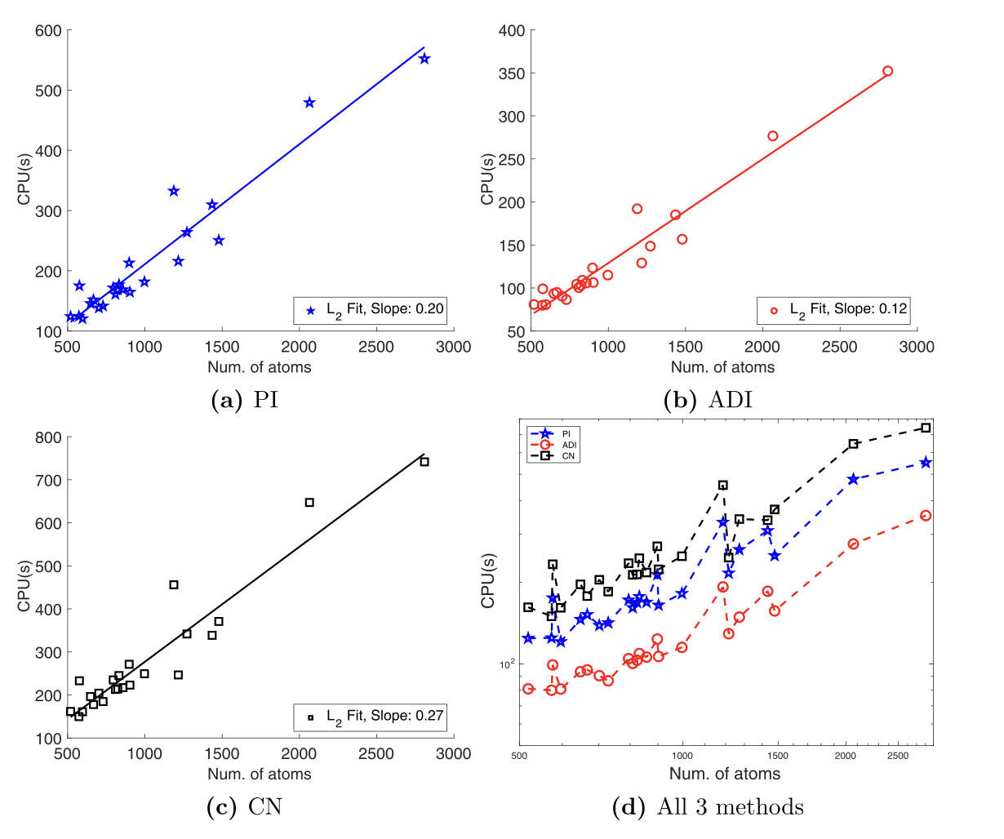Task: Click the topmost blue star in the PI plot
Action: click(424, 59)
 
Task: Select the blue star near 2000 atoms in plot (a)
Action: click(309, 103)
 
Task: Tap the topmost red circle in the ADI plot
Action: click(887, 71)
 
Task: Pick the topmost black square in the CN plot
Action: click(424, 462)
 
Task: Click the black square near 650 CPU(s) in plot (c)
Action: click(309, 503)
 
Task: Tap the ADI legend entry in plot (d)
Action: click(568, 445)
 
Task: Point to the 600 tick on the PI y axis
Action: click(48, 31)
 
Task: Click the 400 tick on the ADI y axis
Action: click(512, 31)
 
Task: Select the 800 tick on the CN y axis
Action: click(48, 437)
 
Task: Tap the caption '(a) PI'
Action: click(244, 400)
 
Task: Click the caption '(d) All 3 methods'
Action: click(708, 807)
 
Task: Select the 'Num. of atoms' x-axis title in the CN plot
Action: click(260, 774)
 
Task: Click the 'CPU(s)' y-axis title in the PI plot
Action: click(24, 181)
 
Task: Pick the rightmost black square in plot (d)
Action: click(926, 428)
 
